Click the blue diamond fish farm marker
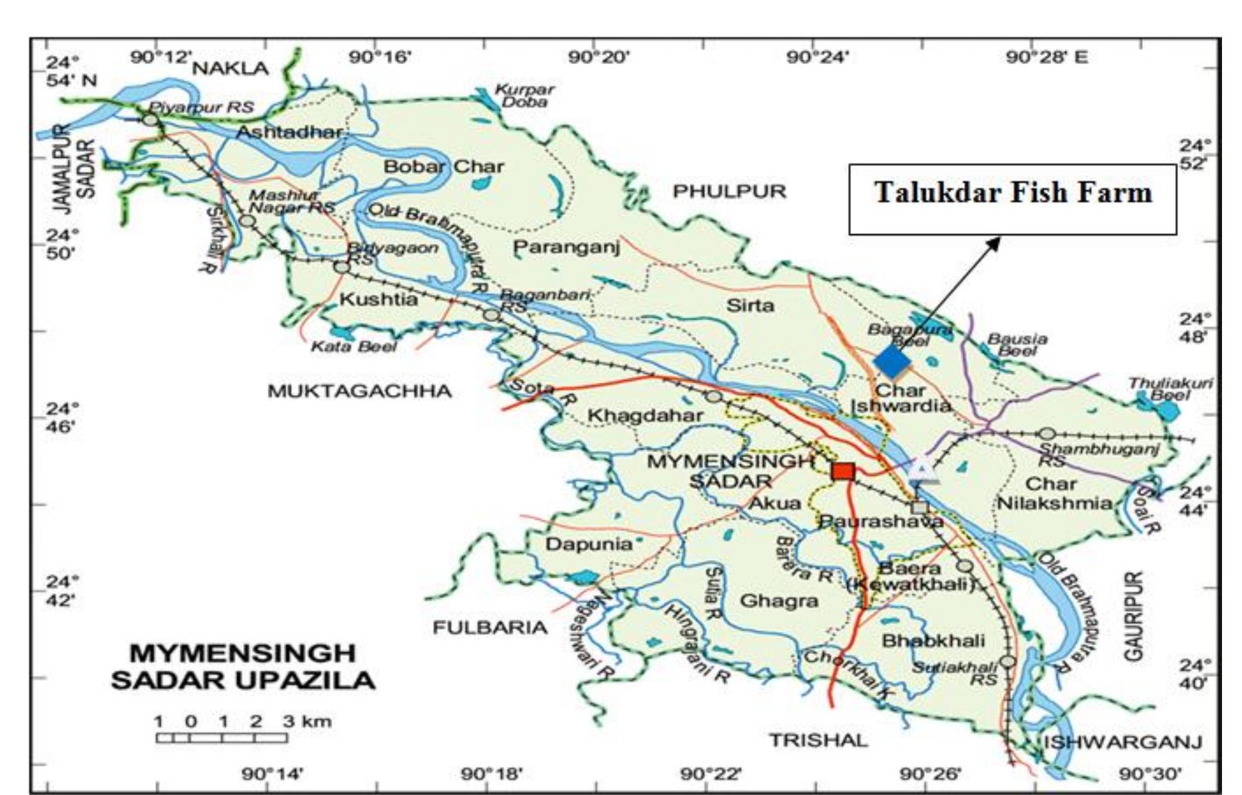[x=892, y=362]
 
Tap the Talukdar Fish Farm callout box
[x=1012, y=199]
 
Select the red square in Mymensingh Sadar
[x=843, y=471]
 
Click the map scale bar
[x=222, y=737]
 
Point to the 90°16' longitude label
[x=380, y=57]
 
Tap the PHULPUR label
[x=729, y=192]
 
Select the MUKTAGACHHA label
[x=359, y=391]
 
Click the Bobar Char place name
[x=444, y=166]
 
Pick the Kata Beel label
[x=354, y=346]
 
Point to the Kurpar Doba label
[x=524, y=96]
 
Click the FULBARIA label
[x=490, y=627]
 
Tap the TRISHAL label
[x=818, y=740]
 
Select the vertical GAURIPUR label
[x=1135, y=616]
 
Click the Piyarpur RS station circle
[x=151, y=120]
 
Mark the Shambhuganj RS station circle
[x=1047, y=434]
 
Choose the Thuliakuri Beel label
[x=1170, y=389]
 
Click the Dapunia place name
[x=588, y=544]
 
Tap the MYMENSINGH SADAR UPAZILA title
[x=243, y=666]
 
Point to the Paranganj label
[x=566, y=248]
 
